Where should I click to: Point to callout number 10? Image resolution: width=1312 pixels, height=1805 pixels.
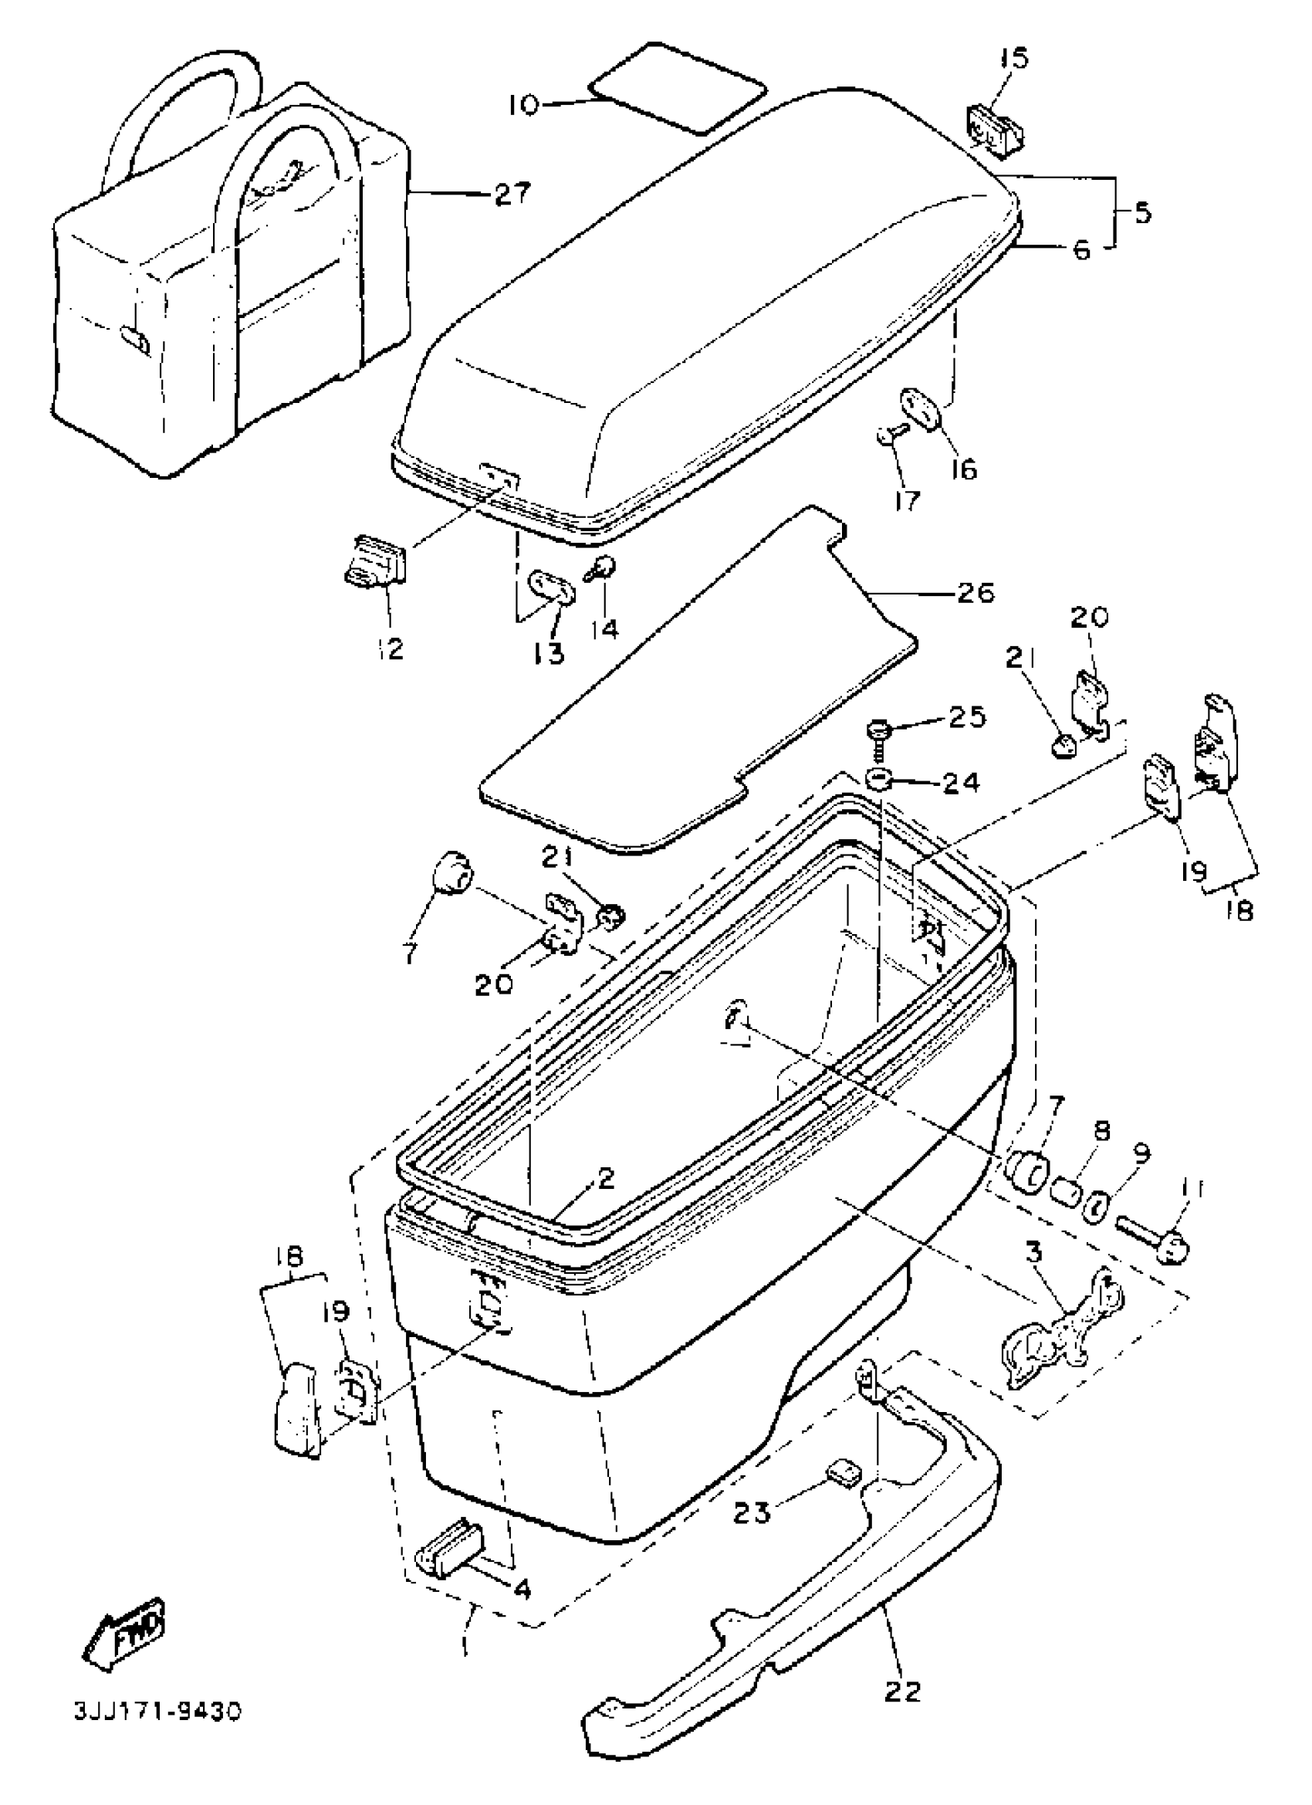(x=524, y=104)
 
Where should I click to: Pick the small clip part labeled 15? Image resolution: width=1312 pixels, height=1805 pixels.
(x=996, y=129)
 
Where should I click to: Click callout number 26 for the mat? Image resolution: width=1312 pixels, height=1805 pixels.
(x=975, y=592)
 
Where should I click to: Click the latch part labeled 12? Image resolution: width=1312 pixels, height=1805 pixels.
(x=376, y=560)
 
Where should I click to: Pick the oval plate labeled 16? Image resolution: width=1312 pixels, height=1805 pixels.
(x=921, y=408)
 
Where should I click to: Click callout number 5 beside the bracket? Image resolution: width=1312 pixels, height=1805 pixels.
(x=1141, y=213)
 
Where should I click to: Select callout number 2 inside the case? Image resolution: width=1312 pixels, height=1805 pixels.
(x=607, y=1179)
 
